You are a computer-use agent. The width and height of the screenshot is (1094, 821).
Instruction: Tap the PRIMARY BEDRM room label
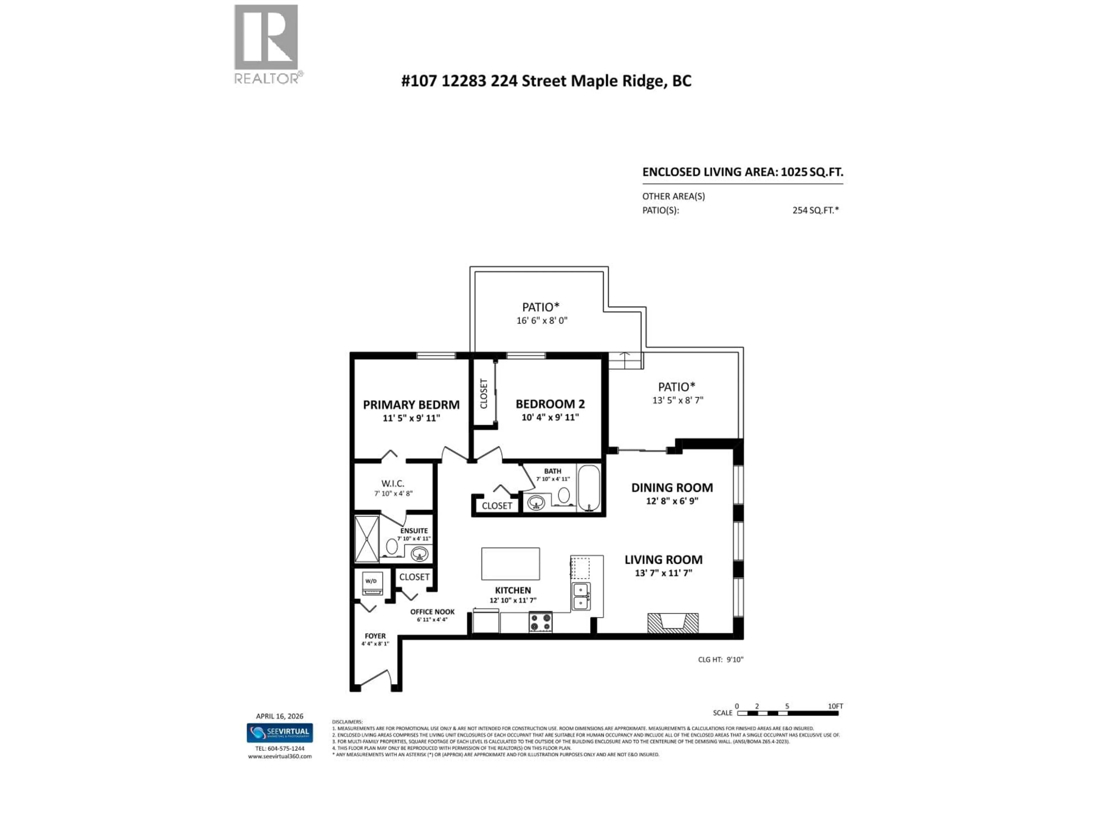coord(411,405)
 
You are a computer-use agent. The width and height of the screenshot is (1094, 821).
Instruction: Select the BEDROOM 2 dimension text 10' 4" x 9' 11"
coord(550,417)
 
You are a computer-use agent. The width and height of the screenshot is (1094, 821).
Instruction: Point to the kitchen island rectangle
coord(511,563)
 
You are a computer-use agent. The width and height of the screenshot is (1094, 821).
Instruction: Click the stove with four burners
coord(540,622)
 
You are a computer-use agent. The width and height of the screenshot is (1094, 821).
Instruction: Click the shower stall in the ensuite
coord(366,539)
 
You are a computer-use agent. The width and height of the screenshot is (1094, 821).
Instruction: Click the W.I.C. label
coord(393,483)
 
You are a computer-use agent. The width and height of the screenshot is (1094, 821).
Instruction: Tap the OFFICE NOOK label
coord(432,612)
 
